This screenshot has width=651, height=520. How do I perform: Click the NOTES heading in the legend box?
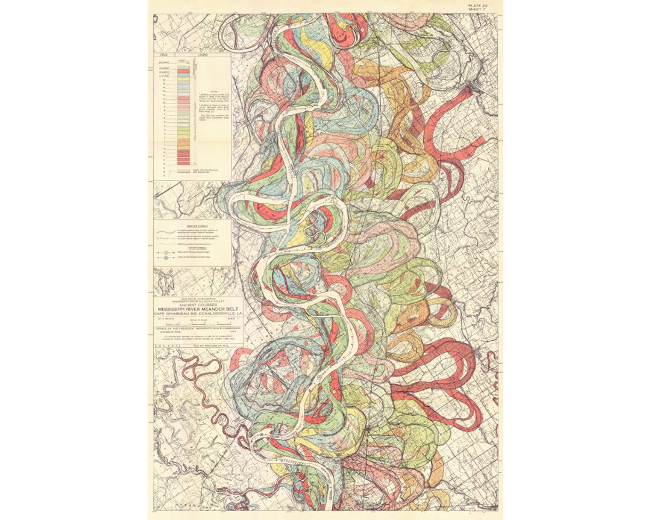click(211, 91)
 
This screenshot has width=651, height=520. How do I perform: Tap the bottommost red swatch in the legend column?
click(186, 163)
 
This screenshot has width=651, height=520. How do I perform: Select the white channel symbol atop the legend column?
click(186, 61)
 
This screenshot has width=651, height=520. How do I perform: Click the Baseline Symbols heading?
click(193, 225)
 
